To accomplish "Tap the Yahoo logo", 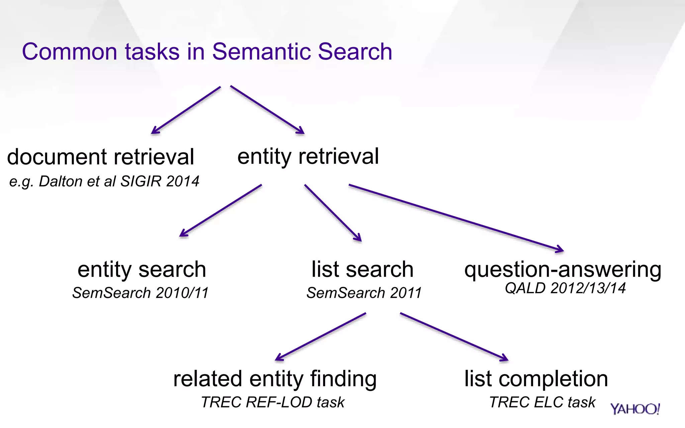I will pyautogui.click(x=635, y=409).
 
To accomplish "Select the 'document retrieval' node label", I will pyautogui.click(x=100, y=157).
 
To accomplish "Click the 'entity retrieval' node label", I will pyautogui.click(x=308, y=156).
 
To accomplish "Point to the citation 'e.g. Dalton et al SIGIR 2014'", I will pyautogui.click(x=104, y=182).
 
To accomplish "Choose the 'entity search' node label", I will pyautogui.click(x=141, y=270).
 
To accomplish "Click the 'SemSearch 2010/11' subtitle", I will pyautogui.click(x=140, y=293).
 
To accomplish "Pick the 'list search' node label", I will pyautogui.click(x=362, y=270).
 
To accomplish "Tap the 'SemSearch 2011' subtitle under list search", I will pyautogui.click(x=364, y=293).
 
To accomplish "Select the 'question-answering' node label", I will pyautogui.click(x=563, y=270).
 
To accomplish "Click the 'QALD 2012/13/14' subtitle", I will pyautogui.click(x=565, y=288).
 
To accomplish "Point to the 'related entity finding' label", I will pyautogui.click(x=275, y=379).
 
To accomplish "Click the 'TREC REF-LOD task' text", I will pyautogui.click(x=273, y=402).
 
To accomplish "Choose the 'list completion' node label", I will pyautogui.click(x=536, y=379).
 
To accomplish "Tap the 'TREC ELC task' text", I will pyautogui.click(x=542, y=402).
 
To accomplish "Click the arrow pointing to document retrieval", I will pyautogui.click(x=186, y=110).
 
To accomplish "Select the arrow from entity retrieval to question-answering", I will pyautogui.click(x=456, y=218).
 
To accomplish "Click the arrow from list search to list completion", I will pyautogui.click(x=454, y=337).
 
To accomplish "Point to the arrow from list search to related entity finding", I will pyautogui.click(x=320, y=337).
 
